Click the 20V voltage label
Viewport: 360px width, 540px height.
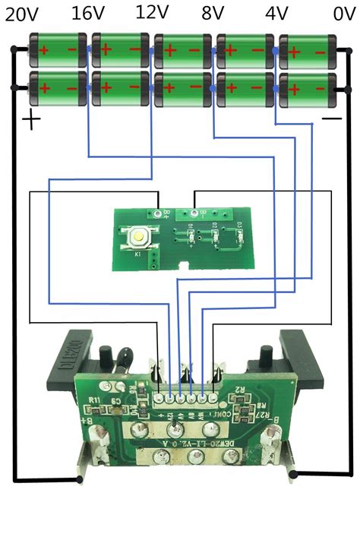[23, 14]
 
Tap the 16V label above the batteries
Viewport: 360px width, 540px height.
[89, 14]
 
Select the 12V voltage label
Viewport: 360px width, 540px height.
[153, 12]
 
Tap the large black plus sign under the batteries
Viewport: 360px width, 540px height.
[31, 120]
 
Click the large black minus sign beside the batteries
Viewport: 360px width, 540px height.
[332, 119]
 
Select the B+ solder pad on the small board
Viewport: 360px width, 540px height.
[157, 214]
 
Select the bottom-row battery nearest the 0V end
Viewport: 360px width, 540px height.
[308, 90]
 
